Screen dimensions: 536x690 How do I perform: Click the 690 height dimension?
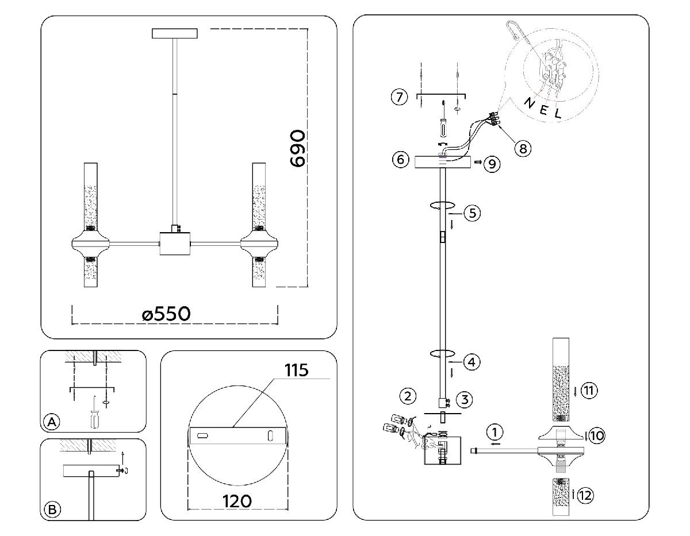[297, 148]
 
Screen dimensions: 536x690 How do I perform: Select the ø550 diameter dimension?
[166, 314]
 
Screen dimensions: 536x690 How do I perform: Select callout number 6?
[401, 159]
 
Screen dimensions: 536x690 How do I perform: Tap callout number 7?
[399, 97]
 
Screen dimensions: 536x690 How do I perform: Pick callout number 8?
[522, 148]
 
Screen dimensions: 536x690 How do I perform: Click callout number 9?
[492, 164]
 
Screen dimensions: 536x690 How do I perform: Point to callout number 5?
[471, 213]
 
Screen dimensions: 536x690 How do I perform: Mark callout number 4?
[471, 362]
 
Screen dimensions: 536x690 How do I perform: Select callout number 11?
[588, 391]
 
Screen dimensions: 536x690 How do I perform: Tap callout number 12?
[585, 495]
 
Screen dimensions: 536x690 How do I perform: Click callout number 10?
[596, 435]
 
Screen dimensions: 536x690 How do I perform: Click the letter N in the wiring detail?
[529, 103]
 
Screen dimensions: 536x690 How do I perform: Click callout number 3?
[465, 399]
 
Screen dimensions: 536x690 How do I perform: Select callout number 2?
[408, 396]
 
